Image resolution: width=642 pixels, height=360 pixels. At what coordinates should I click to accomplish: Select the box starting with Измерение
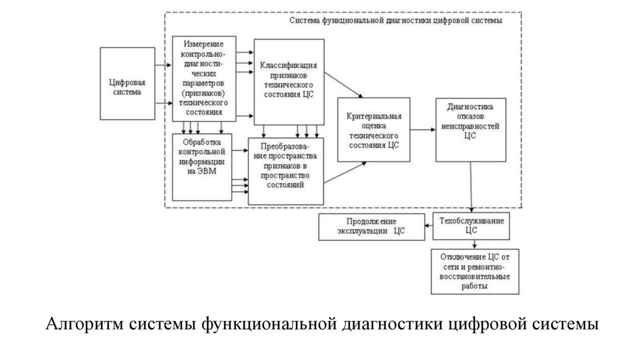pyautogui.click(x=204, y=78)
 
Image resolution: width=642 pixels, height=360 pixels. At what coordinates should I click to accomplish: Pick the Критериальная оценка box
pyautogui.click(x=374, y=130)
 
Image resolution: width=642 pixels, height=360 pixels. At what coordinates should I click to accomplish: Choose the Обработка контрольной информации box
pyautogui.click(x=201, y=166)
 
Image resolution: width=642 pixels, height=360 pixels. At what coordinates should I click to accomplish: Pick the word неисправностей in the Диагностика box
pyautogui.click(x=471, y=125)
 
